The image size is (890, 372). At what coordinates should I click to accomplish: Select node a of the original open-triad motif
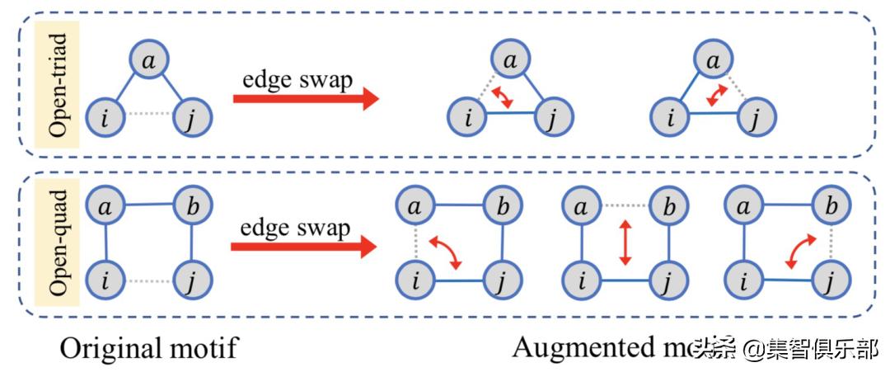pyautogui.click(x=148, y=61)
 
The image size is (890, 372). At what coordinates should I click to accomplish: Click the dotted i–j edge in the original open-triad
pyautogui.click(x=150, y=119)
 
